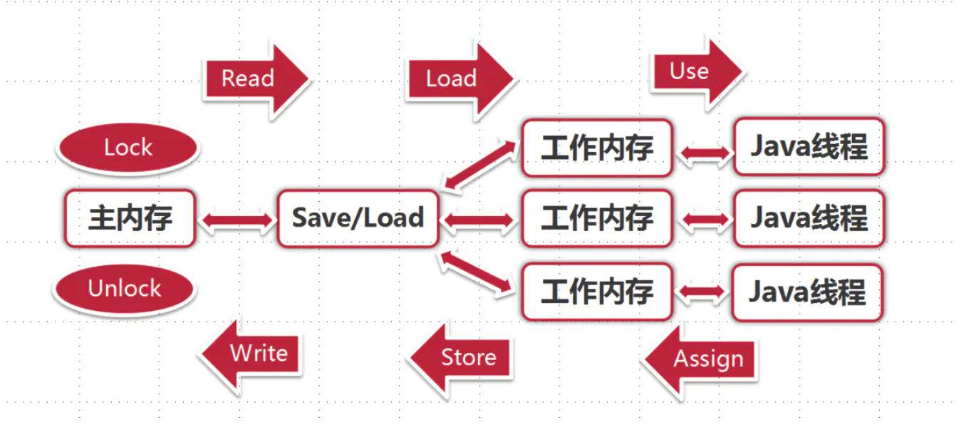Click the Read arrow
coord(253,78)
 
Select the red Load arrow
coord(456,78)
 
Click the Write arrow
coord(253,354)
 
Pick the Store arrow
coord(463,357)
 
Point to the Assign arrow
coord(702,359)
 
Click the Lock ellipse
coord(128,148)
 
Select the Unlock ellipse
coord(124,289)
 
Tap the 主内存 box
coord(130,218)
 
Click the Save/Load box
coord(358,218)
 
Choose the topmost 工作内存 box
coord(597,148)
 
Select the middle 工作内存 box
coord(597,218)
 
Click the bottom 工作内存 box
coord(597,292)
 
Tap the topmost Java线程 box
coord(809,148)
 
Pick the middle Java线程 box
coord(809,218)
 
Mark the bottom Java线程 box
coord(807,292)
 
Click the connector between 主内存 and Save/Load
coord(237,220)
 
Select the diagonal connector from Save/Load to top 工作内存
coord(479,166)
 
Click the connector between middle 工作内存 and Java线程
coord(705,220)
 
